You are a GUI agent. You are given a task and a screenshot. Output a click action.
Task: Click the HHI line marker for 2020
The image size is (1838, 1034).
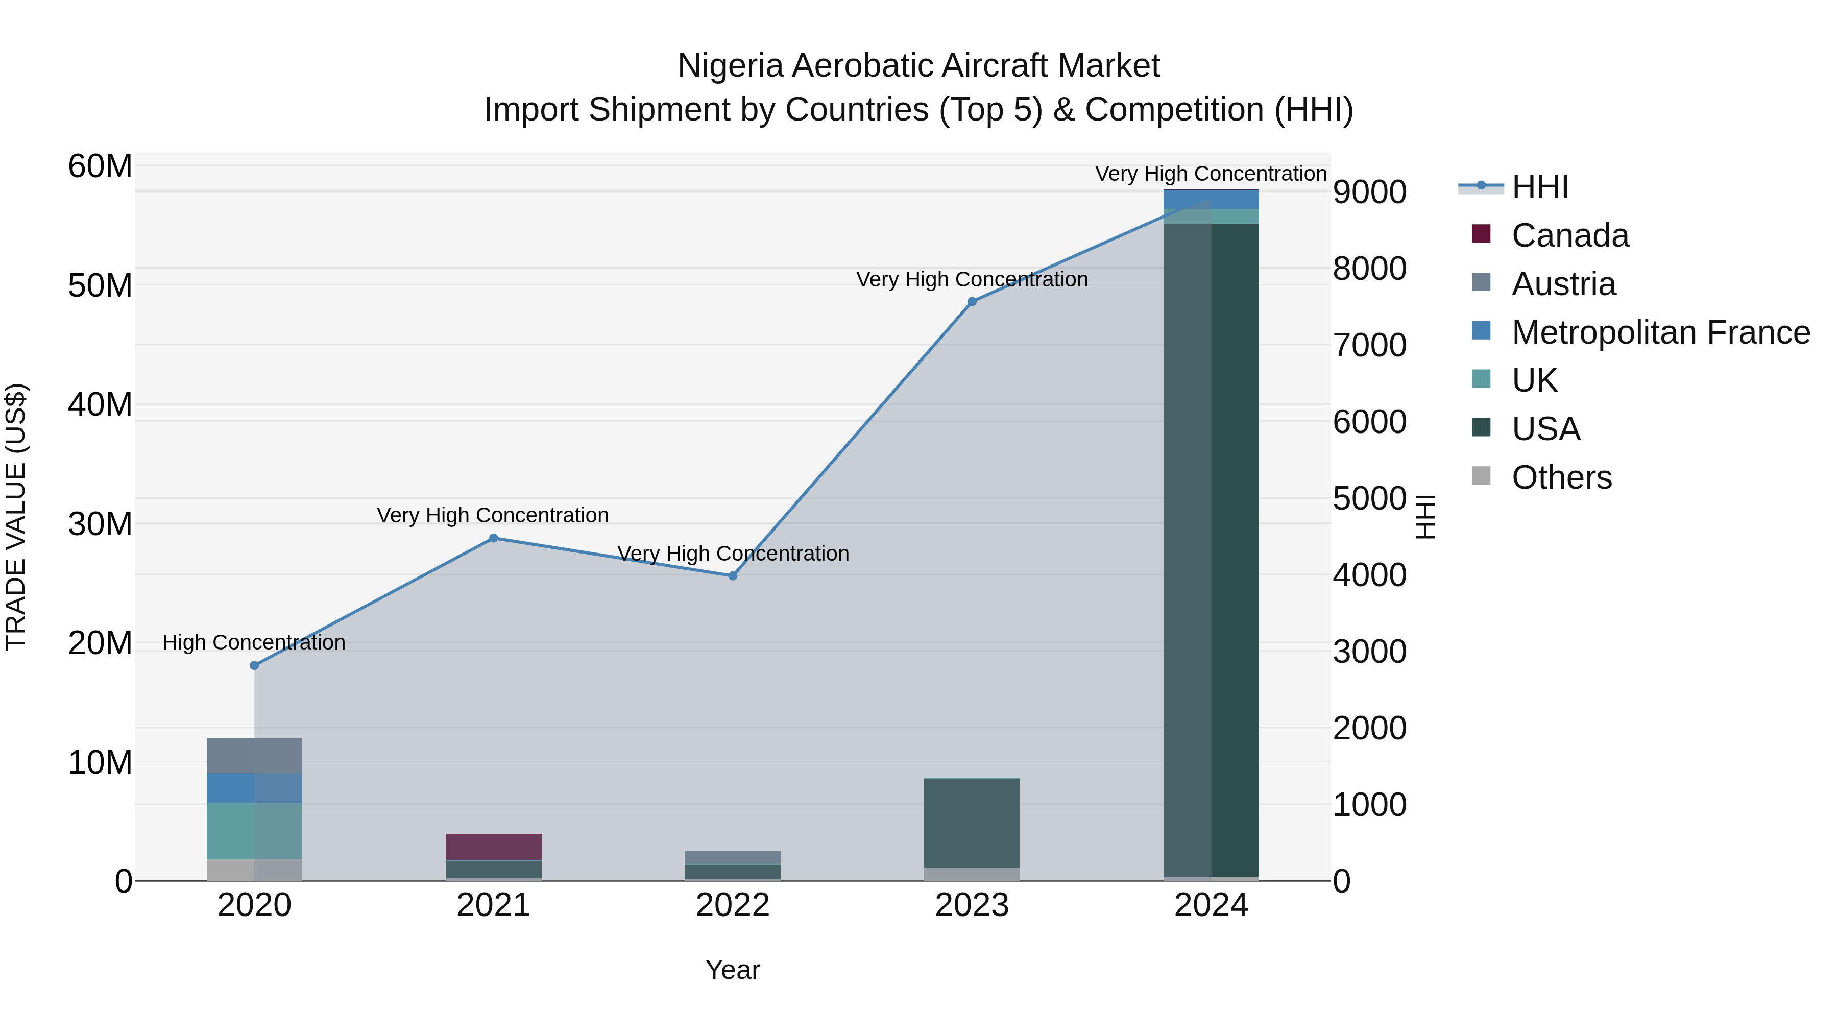(255, 666)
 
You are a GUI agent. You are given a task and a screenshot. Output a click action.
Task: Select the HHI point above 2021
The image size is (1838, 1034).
(494, 538)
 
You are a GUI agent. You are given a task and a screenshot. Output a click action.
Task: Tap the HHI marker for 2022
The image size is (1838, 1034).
(733, 576)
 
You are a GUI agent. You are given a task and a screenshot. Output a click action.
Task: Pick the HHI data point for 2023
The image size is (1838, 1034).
(972, 302)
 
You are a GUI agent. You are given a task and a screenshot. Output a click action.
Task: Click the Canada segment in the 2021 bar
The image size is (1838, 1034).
(494, 847)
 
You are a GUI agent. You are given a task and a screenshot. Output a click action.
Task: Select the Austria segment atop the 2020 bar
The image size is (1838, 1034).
(255, 756)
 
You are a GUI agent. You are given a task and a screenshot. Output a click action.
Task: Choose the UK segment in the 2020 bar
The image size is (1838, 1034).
(255, 831)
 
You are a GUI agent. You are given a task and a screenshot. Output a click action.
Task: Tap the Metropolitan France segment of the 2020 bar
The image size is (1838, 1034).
(255, 788)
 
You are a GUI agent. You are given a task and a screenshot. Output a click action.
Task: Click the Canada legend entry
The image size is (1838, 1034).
(1570, 235)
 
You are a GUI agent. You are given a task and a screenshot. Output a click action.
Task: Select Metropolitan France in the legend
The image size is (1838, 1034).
(1660, 332)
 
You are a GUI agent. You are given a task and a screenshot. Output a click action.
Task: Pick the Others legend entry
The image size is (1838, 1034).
(1561, 477)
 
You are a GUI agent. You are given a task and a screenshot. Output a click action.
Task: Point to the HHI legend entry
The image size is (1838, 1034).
(1540, 187)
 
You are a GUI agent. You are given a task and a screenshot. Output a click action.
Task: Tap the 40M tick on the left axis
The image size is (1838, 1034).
(100, 404)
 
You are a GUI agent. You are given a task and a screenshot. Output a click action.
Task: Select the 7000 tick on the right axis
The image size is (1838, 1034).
(1370, 345)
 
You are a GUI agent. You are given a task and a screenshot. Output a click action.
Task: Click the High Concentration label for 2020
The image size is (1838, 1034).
(254, 642)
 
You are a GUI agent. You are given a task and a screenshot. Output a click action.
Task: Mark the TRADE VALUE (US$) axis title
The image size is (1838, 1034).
(16, 517)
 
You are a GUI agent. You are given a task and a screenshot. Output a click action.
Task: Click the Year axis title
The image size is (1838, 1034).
(733, 970)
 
